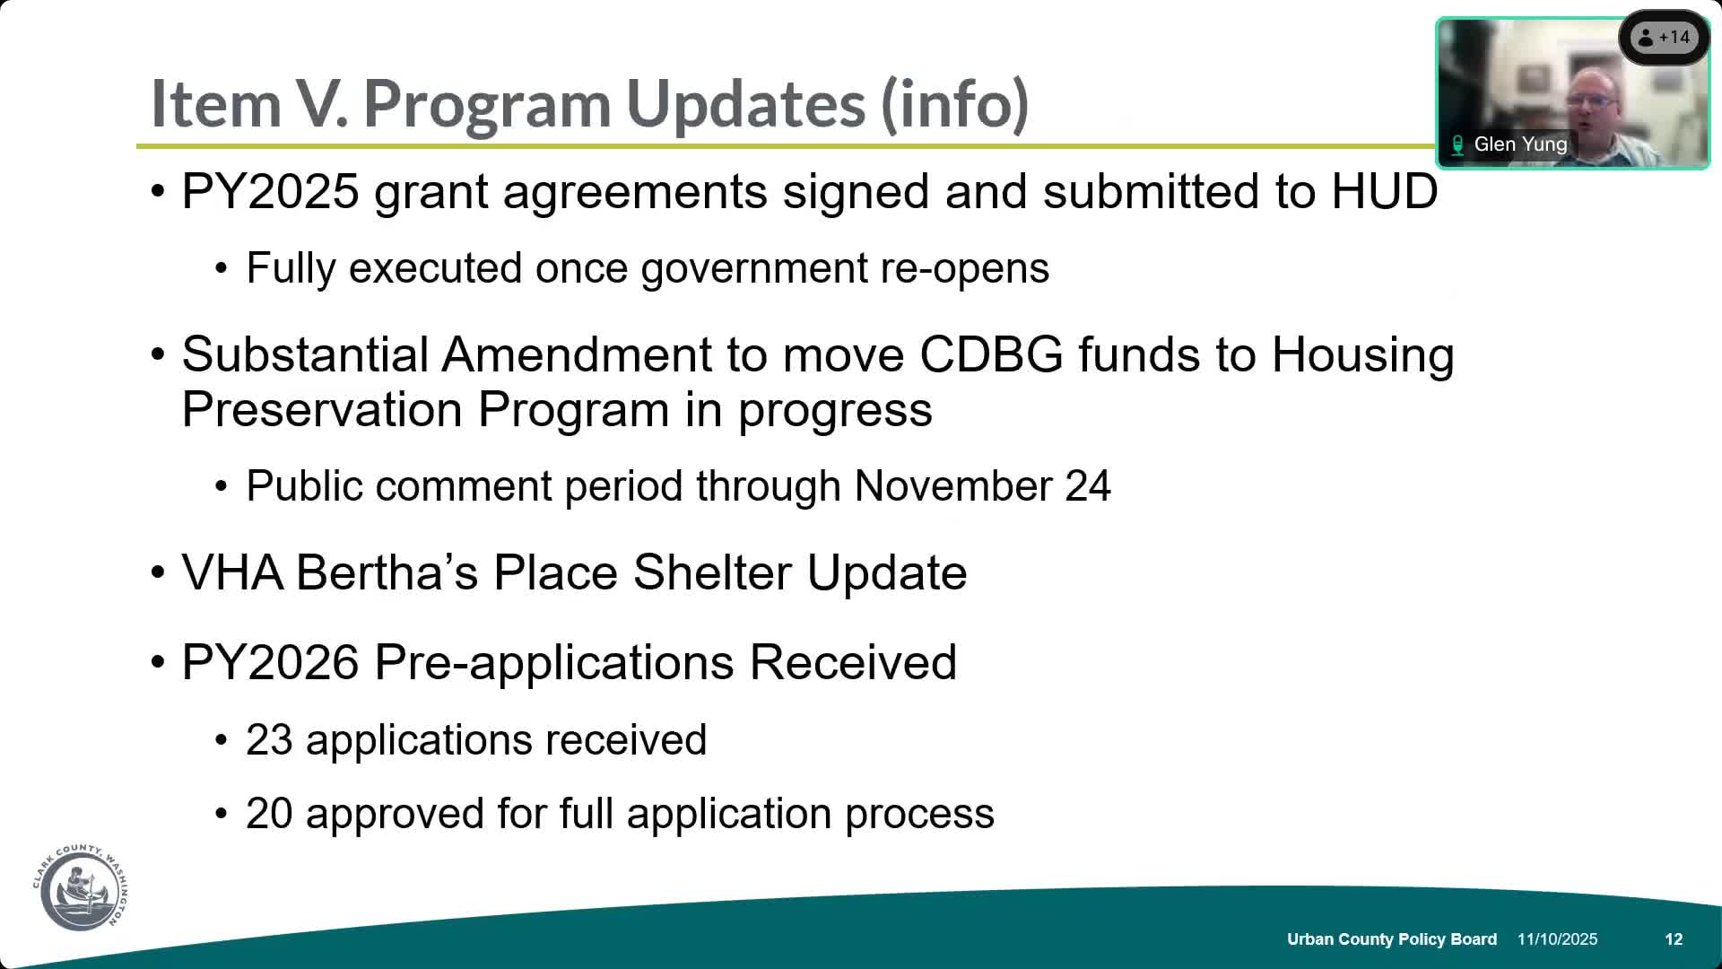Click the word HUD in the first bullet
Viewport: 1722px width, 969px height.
1384,192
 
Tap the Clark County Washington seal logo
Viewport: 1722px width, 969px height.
82,888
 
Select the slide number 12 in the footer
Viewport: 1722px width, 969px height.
1674,939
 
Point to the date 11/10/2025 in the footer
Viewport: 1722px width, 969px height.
1557,939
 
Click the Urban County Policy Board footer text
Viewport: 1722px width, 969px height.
1391,939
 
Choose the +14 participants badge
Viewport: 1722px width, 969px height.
1665,38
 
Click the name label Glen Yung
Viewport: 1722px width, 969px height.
1520,144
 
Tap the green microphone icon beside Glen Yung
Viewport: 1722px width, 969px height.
1457,145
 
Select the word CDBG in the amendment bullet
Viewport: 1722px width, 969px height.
991,355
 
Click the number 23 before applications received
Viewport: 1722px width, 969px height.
269,741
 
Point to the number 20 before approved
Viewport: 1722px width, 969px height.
269,815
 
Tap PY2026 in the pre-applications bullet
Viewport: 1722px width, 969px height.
270,663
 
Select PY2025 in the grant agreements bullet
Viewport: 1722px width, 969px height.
270,192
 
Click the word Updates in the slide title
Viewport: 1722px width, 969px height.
745,104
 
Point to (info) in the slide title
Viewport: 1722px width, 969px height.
954,104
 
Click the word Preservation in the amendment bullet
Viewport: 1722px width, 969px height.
322,410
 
